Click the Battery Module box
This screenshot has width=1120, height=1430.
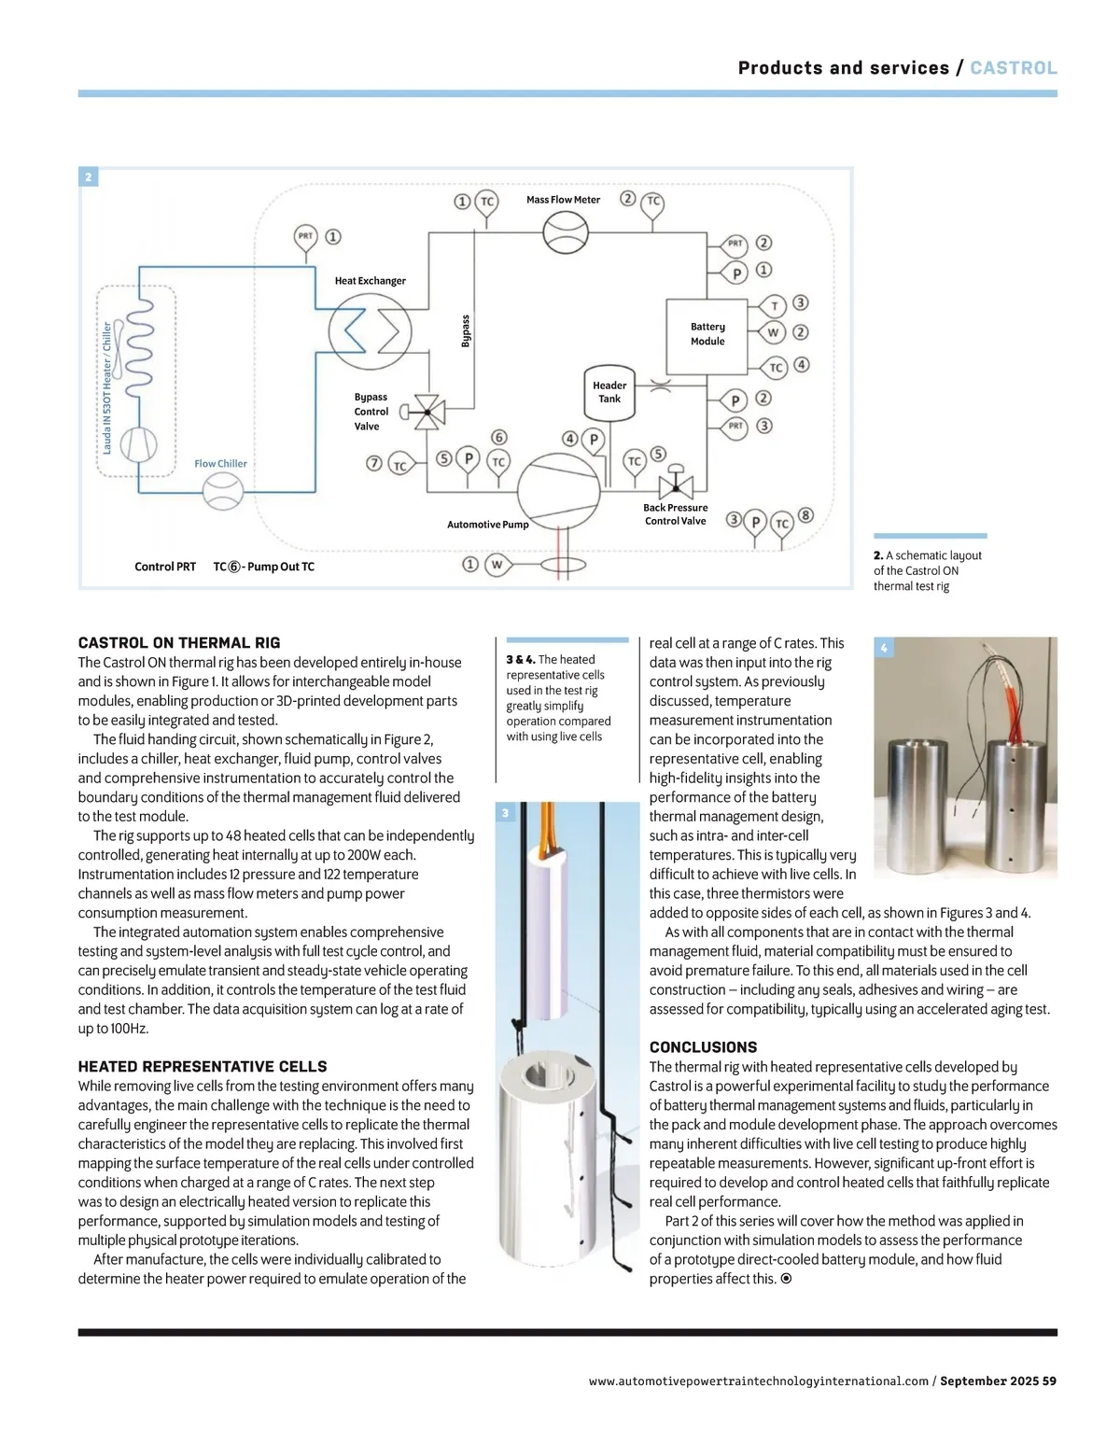pyautogui.click(x=707, y=334)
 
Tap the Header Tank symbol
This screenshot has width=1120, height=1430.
pyautogui.click(x=609, y=393)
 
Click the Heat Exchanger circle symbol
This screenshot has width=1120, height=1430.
pyautogui.click(x=371, y=330)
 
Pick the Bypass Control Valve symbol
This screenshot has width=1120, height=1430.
pyautogui.click(x=428, y=411)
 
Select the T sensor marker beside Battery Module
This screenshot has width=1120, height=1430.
pyautogui.click(x=774, y=306)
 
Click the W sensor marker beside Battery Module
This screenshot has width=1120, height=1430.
pyautogui.click(x=773, y=332)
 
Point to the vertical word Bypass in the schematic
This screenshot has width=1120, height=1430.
pyautogui.click(x=466, y=330)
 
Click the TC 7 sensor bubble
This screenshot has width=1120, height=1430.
pyautogui.click(x=399, y=465)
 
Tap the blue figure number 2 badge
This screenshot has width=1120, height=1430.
pyautogui.click(x=89, y=177)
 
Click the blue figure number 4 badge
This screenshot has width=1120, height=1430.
pyautogui.click(x=884, y=647)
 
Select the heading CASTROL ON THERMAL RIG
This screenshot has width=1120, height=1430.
pyautogui.click(x=179, y=643)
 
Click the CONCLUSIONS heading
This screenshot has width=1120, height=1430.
pyautogui.click(x=703, y=1047)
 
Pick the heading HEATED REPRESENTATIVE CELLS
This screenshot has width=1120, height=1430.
pyautogui.click(x=203, y=1067)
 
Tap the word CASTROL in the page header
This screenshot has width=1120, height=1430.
pyautogui.click(x=1014, y=68)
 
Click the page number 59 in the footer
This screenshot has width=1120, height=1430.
pyautogui.click(x=1049, y=1381)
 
